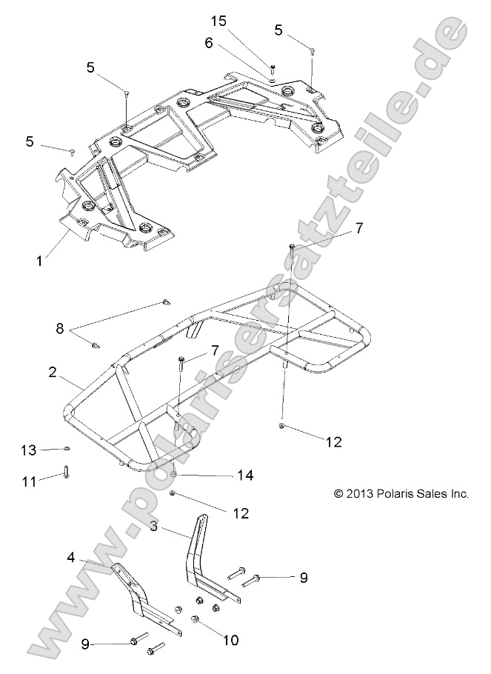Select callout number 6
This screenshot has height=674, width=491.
210,43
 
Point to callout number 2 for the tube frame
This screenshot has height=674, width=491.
53,373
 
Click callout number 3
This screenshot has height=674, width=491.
153,527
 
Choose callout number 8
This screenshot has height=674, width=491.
60,327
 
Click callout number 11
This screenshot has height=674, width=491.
28,481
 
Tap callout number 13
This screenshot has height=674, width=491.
28,450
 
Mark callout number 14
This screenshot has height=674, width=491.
244,475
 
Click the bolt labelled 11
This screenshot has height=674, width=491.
66,471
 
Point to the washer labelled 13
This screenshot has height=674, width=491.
67,449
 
